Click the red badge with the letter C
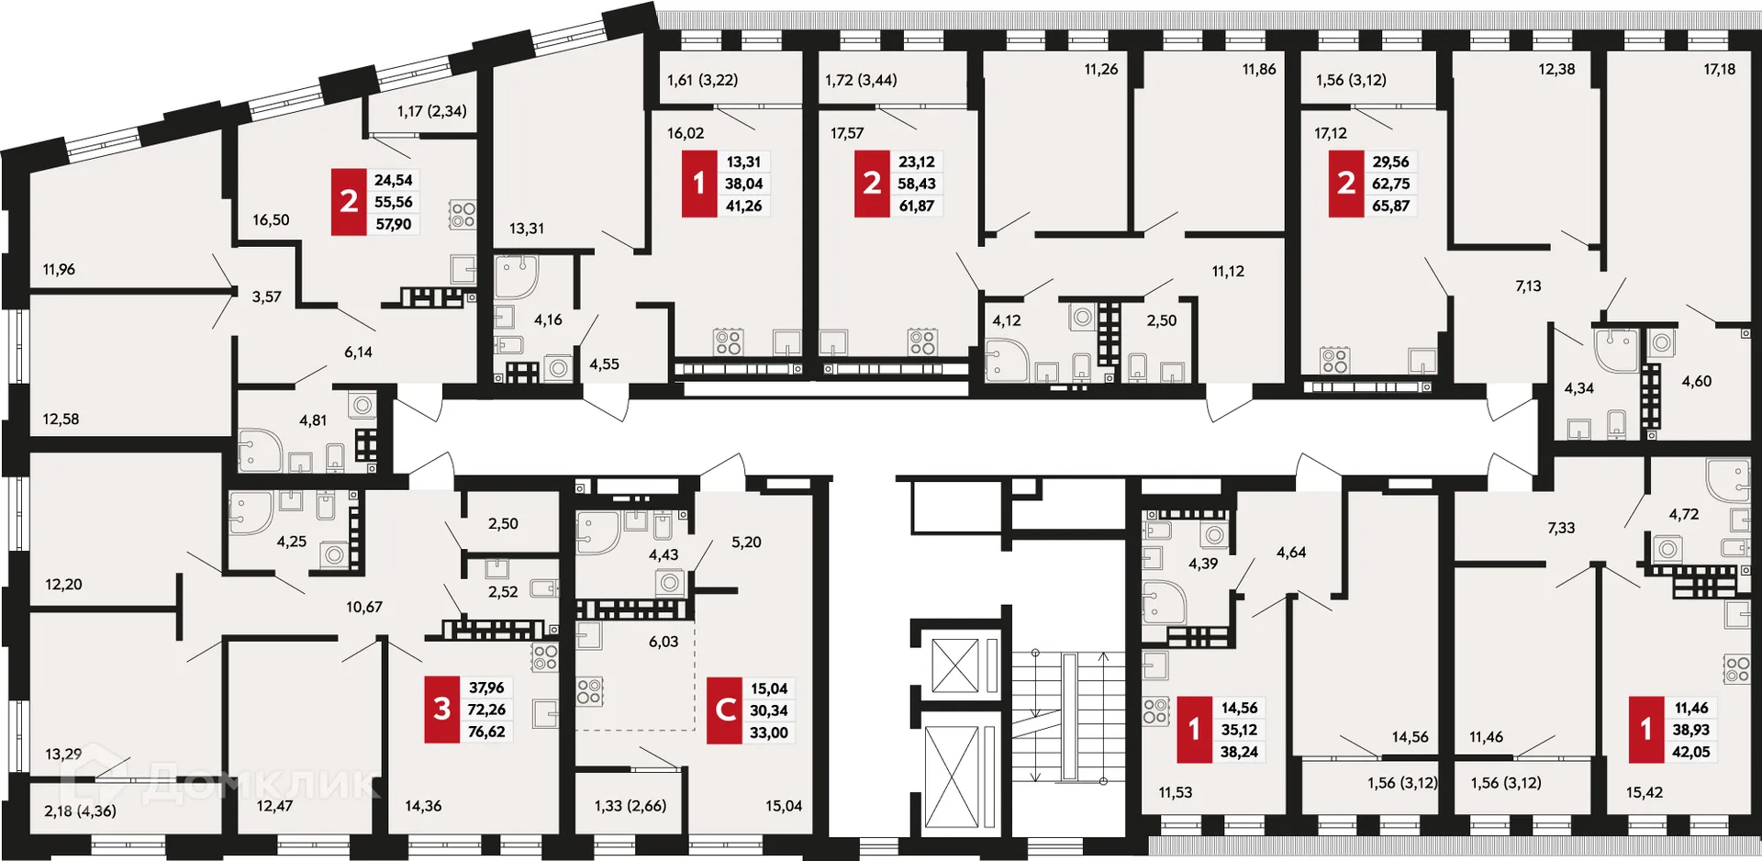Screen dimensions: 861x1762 [x=724, y=710]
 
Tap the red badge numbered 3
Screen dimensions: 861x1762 [x=441, y=709]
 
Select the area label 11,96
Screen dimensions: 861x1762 [x=59, y=269]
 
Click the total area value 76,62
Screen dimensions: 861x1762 [x=486, y=732]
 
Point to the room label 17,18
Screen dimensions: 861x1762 [x=1719, y=69]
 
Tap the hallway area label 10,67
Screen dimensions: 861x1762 [x=364, y=607]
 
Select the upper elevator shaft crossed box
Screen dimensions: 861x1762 [x=955, y=665]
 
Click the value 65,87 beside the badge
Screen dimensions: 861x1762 [x=1390, y=206]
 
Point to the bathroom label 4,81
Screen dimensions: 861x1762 [x=313, y=420]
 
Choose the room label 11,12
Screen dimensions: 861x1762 [x=1228, y=271]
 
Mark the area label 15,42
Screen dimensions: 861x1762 [x=1644, y=792]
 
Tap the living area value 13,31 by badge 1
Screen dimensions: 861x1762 [x=743, y=162]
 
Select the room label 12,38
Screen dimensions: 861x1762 [x=1556, y=69]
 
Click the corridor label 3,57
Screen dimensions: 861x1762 [x=267, y=296]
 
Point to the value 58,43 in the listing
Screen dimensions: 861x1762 [x=916, y=184]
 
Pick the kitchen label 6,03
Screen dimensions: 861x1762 [x=664, y=642]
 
